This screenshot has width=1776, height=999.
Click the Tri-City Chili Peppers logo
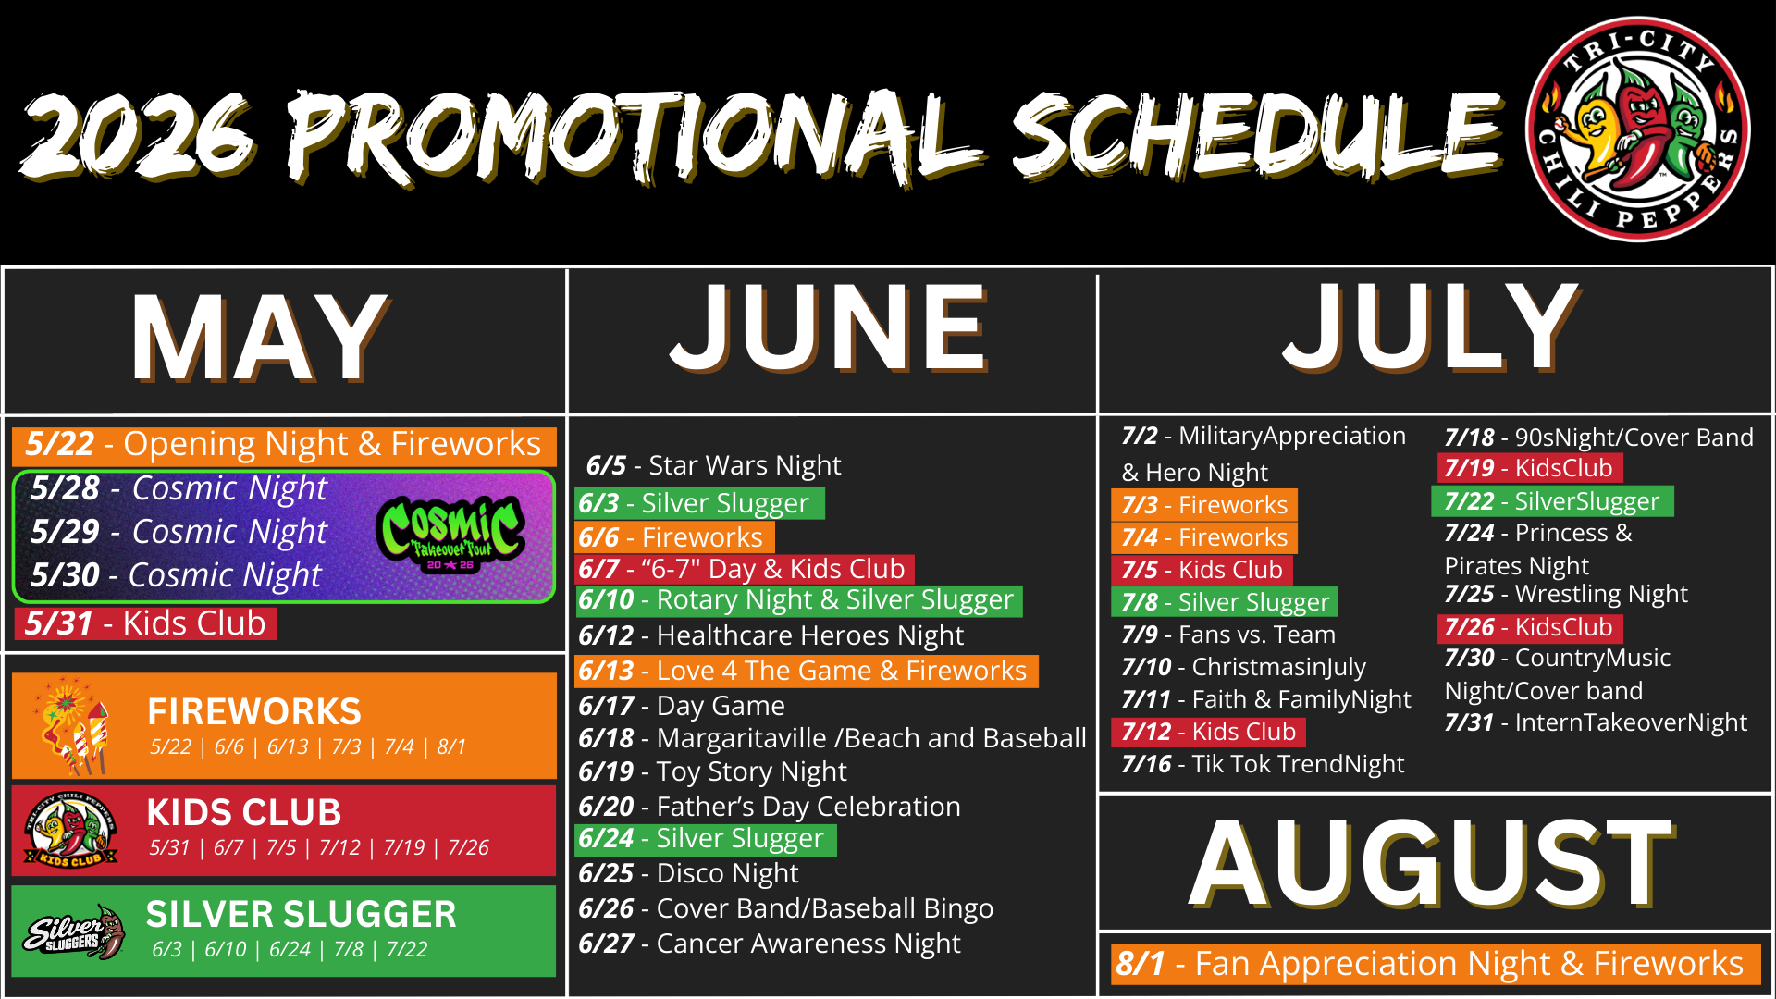click(1637, 129)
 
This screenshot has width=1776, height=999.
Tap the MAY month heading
click(260, 337)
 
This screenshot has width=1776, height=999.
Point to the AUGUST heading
click(1432, 862)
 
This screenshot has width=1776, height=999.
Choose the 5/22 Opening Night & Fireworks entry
click(284, 445)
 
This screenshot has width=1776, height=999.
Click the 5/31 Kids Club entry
click(145, 623)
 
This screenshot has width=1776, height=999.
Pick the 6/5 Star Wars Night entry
click(713, 465)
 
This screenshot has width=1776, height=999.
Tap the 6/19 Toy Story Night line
click(712, 771)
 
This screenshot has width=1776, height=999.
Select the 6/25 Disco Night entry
click(688, 873)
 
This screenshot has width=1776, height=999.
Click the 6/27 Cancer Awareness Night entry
click(770, 943)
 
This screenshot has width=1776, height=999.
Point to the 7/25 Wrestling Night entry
click(1566, 594)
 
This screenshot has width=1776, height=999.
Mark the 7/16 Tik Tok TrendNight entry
click(1263, 764)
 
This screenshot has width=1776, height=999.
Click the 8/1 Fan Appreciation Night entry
click(1429, 964)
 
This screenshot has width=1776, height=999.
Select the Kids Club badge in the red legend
click(70, 830)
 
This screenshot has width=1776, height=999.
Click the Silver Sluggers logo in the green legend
click(74, 932)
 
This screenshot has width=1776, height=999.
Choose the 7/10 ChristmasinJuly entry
click(1244, 667)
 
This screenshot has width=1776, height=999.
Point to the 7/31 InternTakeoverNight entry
click(1596, 722)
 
